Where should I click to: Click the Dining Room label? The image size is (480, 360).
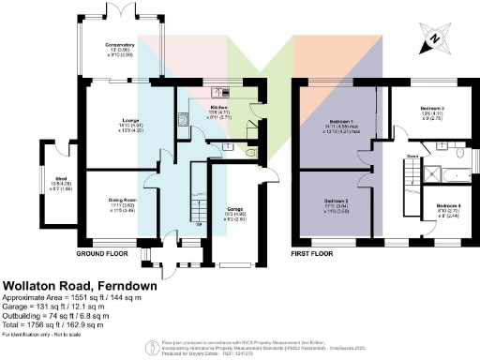(123, 200)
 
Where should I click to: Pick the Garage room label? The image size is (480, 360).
(236, 210)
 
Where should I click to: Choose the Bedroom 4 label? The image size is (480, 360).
(448, 205)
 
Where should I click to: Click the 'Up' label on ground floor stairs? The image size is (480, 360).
(198, 224)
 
